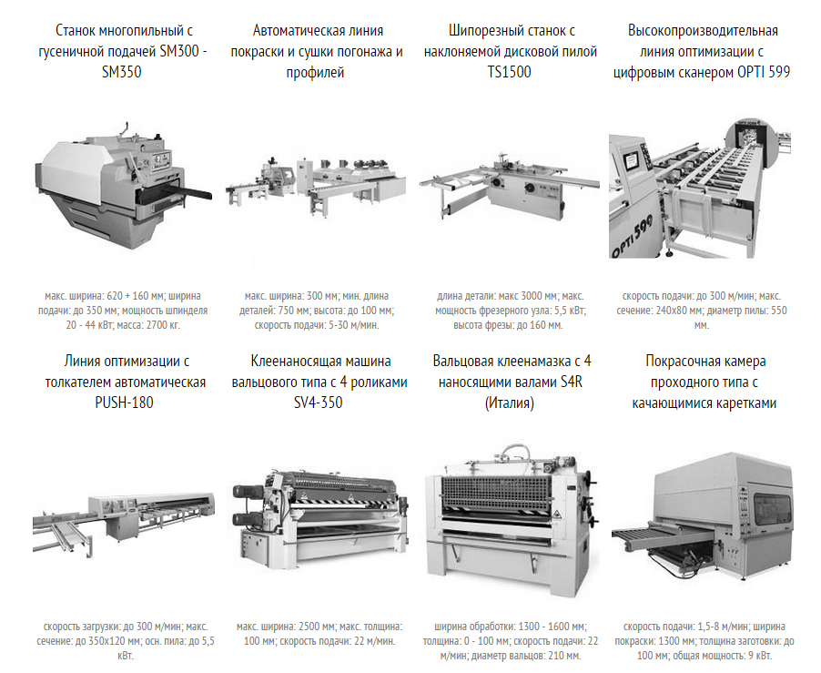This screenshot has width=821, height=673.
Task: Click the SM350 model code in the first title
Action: coord(121,72)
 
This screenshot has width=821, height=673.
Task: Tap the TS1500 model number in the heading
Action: coord(509,72)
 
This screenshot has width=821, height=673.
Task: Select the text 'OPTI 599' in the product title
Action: coord(764,72)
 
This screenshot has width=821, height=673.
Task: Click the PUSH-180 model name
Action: coord(124,403)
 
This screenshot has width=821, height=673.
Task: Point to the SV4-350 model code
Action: coord(319,403)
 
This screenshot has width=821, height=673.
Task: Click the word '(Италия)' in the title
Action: coord(510,403)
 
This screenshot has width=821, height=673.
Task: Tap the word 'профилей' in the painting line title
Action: coord(315,72)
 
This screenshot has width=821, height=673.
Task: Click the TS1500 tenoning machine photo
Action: coord(509,186)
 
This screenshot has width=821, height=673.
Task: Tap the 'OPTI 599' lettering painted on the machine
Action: coord(633,238)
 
